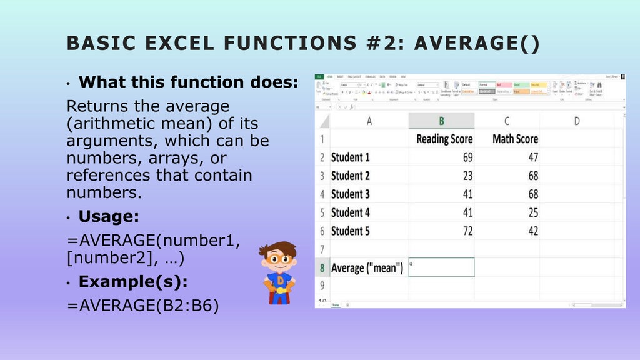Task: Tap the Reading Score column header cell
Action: point(444,139)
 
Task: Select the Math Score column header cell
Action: point(515,139)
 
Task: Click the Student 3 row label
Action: point(350,194)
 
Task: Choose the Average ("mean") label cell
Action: point(367,268)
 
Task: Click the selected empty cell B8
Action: point(441,267)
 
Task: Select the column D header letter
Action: point(576,121)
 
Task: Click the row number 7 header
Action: point(322,249)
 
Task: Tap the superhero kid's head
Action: point(279,258)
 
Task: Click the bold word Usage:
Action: point(109,217)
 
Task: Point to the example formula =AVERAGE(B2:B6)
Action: point(142,306)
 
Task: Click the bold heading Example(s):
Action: point(133,282)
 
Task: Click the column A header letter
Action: point(369,121)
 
